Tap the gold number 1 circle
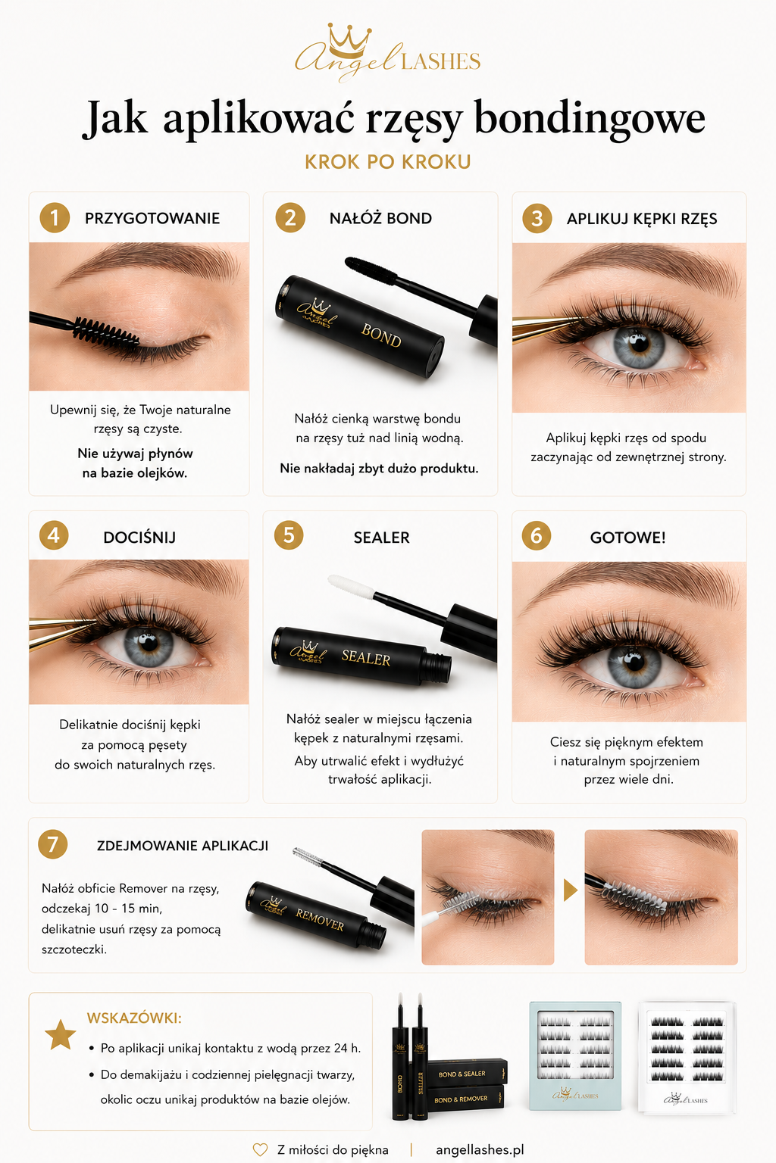pyautogui.click(x=55, y=218)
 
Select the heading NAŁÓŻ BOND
pyautogui.click(x=380, y=218)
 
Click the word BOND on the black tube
pyautogui.click(x=381, y=336)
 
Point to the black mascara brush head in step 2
pyautogui.click(x=371, y=270)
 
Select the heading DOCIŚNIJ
pyautogui.click(x=139, y=538)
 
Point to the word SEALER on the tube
pyautogui.click(x=366, y=658)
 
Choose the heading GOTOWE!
pyautogui.click(x=628, y=538)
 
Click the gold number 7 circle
pyautogui.click(x=53, y=844)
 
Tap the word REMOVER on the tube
pyautogui.click(x=320, y=920)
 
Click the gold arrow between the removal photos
pyautogui.click(x=570, y=890)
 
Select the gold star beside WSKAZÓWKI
pyautogui.click(x=61, y=1035)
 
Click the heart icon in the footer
pyautogui.click(x=260, y=1150)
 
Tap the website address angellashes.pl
pyautogui.click(x=480, y=1150)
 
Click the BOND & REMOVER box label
pyautogui.click(x=461, y=1099)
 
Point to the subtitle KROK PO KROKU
pyautogui.click(x=388, y=162)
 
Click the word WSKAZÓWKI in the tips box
pyautogui.click(x=134, y=1018)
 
